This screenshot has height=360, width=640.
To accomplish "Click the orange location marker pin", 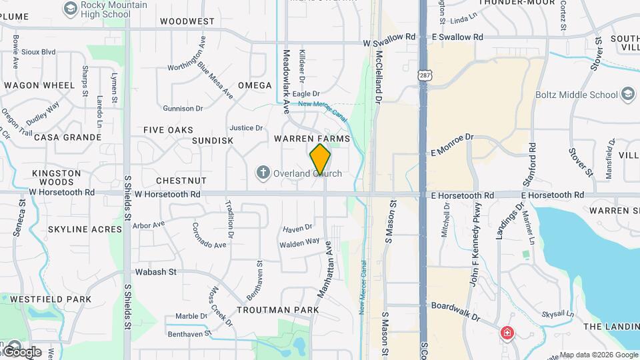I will point(320,159).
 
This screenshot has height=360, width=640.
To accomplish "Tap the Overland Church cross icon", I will point(263,173).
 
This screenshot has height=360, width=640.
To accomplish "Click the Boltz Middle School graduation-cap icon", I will point(627,95).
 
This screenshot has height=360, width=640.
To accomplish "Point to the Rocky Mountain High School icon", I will point(70,8).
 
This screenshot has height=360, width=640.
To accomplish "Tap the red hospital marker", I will point(507,333).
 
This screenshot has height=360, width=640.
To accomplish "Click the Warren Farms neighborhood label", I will point(311,138).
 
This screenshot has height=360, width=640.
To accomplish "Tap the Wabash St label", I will point(155,272).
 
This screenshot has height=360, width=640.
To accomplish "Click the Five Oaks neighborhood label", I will point(169,130).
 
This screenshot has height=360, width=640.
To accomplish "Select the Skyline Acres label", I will point(85,229).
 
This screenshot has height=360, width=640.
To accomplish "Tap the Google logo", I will point(21,351).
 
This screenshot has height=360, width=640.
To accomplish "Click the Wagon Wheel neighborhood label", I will point(39,85).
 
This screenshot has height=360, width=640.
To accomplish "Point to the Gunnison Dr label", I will point(183,108).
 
